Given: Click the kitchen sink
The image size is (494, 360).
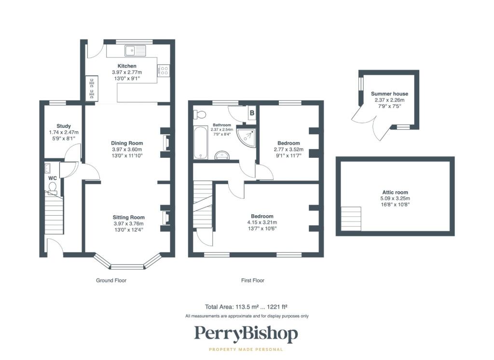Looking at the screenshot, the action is coord(136,51).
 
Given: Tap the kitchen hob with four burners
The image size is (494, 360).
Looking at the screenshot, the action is coord(164,70).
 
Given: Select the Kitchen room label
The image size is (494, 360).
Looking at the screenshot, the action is coord(127,66).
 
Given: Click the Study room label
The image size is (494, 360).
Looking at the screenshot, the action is coord(64,126).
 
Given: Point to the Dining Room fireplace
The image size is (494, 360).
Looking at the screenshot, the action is coord(166,142).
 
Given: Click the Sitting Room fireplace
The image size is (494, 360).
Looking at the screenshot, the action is coord(166,218).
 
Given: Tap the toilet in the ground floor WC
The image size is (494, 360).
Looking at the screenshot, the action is coord(53,187).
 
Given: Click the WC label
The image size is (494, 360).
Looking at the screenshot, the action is coord(53,178).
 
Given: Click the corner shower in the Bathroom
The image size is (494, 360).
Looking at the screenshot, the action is coord(247,137).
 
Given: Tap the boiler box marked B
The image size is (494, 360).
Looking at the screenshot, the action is coord(252,113).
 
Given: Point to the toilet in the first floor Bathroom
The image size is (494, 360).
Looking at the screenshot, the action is coord(199,114).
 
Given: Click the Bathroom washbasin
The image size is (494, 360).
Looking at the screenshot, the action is coord(222,155).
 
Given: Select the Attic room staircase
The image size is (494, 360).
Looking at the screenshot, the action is coord(351,219).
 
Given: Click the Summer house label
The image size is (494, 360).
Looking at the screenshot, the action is coord(389,94).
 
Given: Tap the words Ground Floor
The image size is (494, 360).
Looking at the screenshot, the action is coord(111,280).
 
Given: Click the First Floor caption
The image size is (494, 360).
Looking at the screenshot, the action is coord(253,280).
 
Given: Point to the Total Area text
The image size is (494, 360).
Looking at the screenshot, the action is coord(246,307).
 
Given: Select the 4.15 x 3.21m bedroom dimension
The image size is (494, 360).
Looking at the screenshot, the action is coord(262,222).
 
